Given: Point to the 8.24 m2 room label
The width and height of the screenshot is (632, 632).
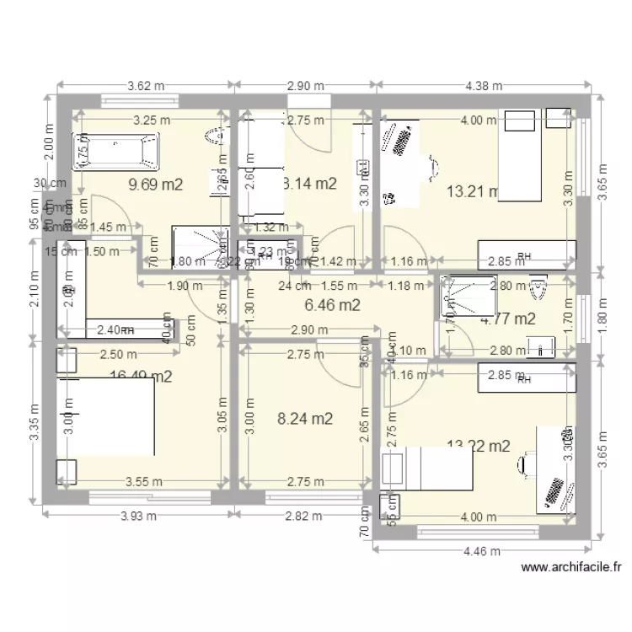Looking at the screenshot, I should click(305, 418).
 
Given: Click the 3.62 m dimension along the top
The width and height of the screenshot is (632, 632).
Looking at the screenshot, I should click(145, 85).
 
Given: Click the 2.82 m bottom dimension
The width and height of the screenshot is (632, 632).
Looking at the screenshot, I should click(304, 516).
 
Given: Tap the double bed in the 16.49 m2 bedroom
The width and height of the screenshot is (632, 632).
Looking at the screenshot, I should click(105, 416).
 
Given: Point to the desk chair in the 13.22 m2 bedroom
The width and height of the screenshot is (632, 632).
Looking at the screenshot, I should click(527, 463).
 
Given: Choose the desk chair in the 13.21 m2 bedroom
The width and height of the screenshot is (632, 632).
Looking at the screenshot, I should click(432, 166).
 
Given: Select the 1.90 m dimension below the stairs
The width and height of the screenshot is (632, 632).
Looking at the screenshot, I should click(179, 286).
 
